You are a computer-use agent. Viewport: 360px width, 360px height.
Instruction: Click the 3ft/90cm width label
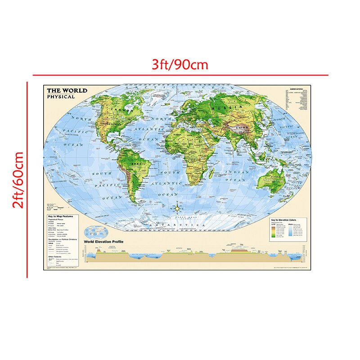[x=180, y=65]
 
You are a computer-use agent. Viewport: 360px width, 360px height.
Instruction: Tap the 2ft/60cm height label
[x=18, y=180]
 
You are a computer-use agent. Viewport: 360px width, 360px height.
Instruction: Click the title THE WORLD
[x=67, y=90]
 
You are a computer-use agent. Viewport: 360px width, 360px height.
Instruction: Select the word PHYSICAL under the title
[x=61, y=97]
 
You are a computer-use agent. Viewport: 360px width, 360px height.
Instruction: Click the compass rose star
[x=178, y=208]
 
